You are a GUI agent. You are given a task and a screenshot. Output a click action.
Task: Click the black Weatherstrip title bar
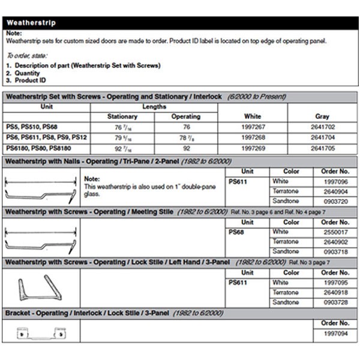click(180, 23)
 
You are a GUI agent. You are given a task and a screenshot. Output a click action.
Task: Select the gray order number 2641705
click(322, 148)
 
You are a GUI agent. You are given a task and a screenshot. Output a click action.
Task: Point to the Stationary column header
click(122, 116)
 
